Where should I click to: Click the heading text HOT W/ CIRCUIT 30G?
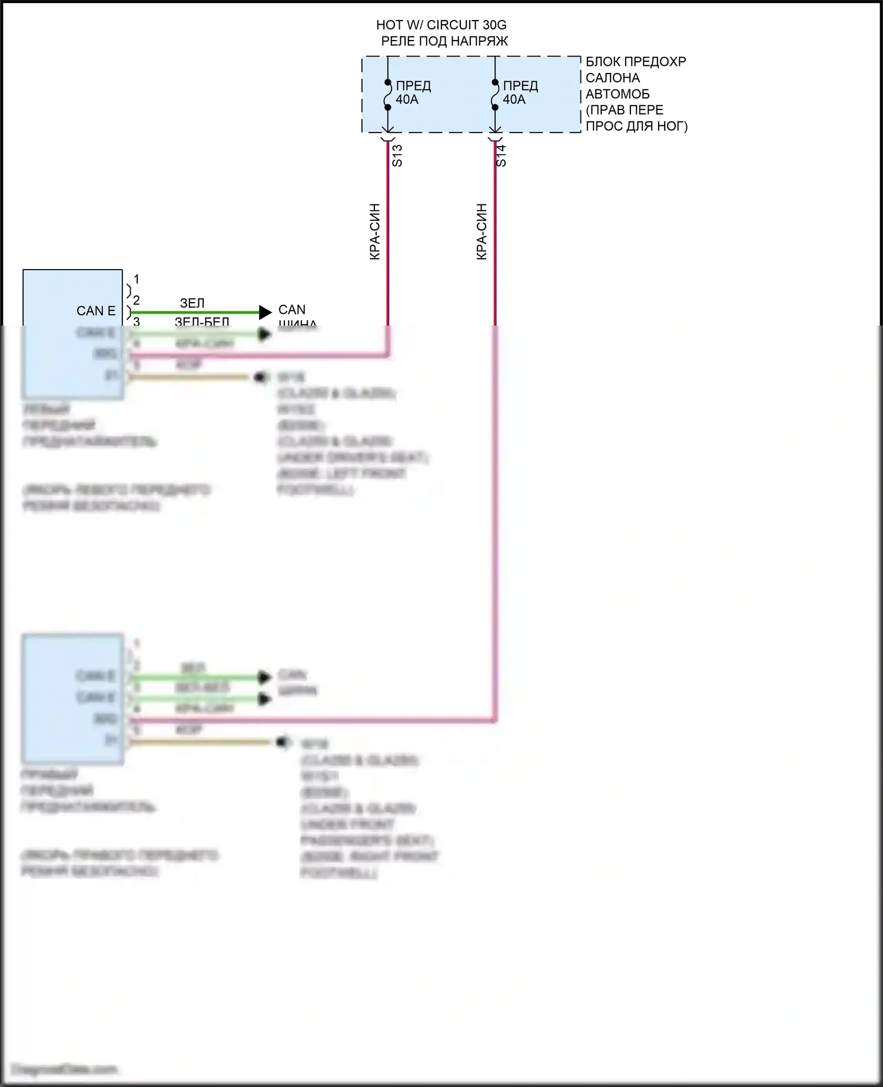(441, 25)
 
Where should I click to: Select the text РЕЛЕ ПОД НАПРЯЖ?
(444, 41)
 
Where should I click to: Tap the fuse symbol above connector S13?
(387, 95)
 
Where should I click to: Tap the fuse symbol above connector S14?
(495, 95)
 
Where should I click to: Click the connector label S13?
(397, 155)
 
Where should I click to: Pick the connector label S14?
(501, 155)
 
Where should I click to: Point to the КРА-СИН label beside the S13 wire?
(375, 231)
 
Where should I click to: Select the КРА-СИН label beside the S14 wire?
(482, 231)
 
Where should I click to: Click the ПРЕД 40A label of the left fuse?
(413, 92)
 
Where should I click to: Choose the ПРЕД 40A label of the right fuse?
(520, 92)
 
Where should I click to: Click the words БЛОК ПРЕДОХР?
(636, 62)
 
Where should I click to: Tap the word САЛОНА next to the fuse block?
(612, 78)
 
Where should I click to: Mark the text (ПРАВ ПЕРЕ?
(624, 110)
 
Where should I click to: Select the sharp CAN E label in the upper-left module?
(96, 311)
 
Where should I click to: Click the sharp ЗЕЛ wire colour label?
(192, 303)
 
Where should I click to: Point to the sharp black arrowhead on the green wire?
(265, 312)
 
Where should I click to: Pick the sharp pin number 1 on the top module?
(137, 279)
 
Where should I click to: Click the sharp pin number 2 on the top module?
(137, 300)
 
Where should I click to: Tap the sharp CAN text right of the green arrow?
(292, 310)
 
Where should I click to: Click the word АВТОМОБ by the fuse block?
(618, 94)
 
